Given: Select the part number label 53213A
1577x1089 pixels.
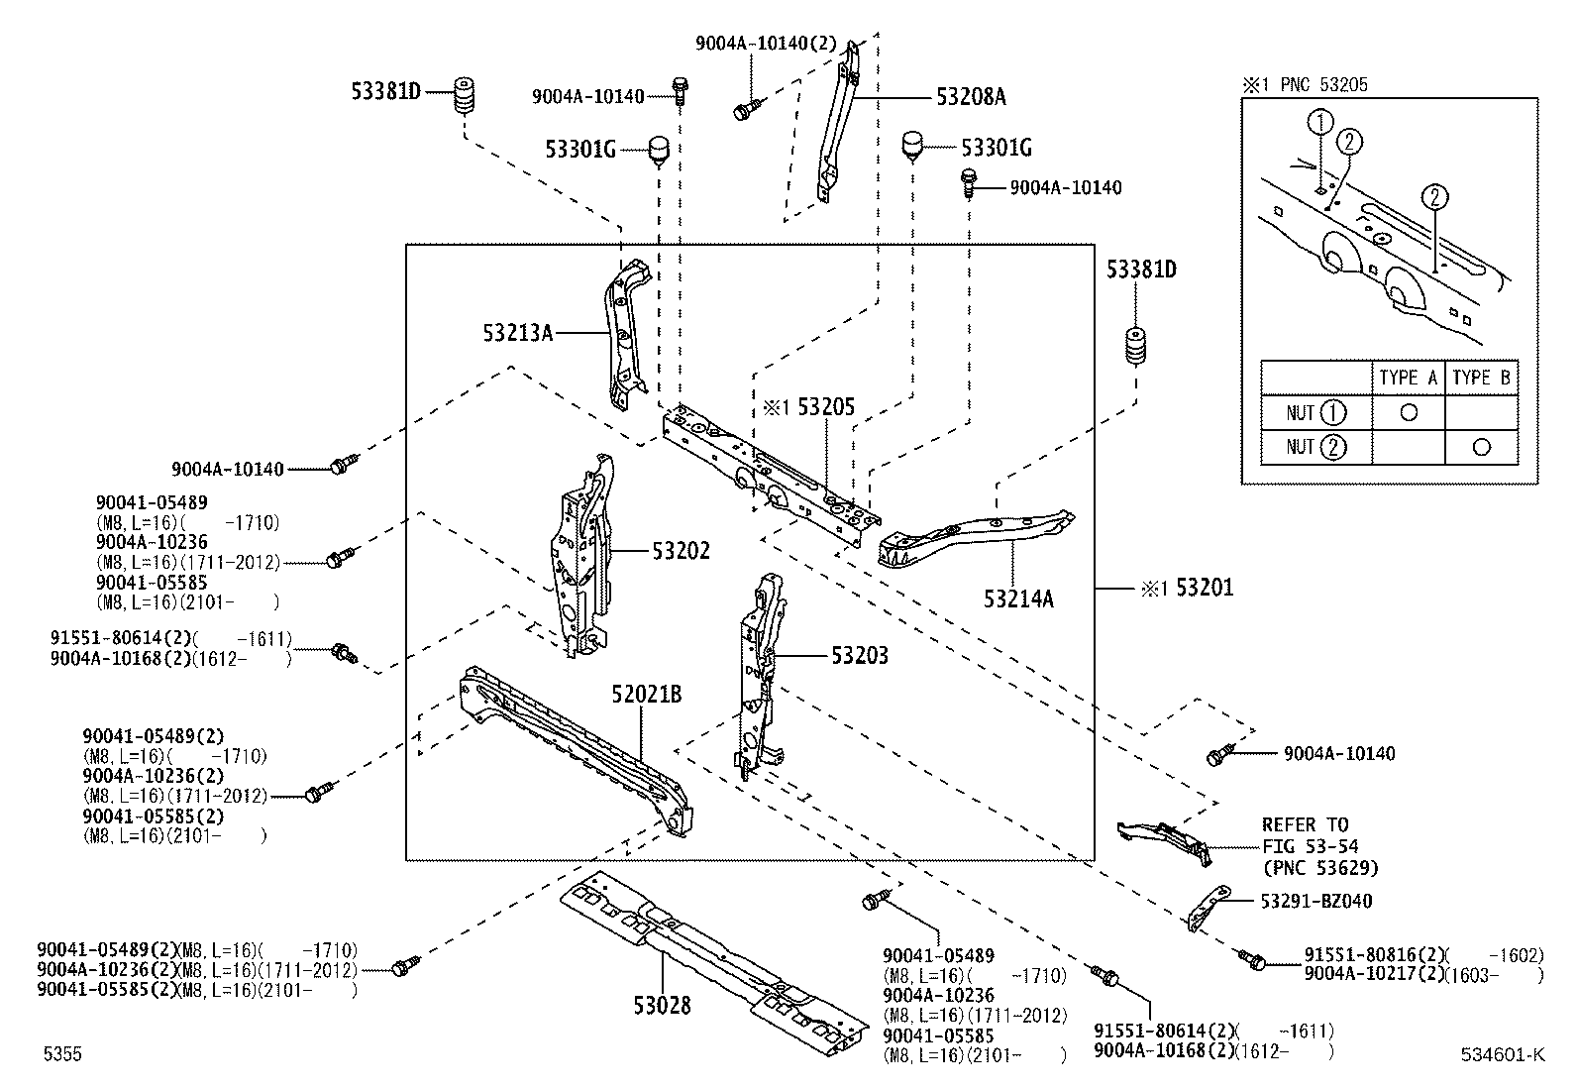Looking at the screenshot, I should pos(517,333).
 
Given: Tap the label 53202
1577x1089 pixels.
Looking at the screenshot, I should pos(681,550).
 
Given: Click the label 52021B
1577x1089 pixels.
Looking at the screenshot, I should pos(646,695).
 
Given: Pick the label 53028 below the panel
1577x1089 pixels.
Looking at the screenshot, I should pos(662,1006).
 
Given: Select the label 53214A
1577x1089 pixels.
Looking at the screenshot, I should pos(1018,599).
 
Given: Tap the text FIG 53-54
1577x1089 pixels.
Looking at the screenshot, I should pos(1310,846).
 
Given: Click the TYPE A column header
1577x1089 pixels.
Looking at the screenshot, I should pos(1408,378).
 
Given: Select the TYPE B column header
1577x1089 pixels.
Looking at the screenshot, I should pos(1481,378).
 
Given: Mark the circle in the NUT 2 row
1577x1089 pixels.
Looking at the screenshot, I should pos(1481,447).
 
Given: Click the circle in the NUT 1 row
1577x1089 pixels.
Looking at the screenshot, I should pos(1408,412).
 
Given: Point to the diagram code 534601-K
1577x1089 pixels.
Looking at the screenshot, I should pos(1501,1054).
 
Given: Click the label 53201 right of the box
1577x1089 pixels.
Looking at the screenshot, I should pos(1205,588).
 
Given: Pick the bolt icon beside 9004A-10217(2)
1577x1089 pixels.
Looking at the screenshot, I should pos(1252,959).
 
